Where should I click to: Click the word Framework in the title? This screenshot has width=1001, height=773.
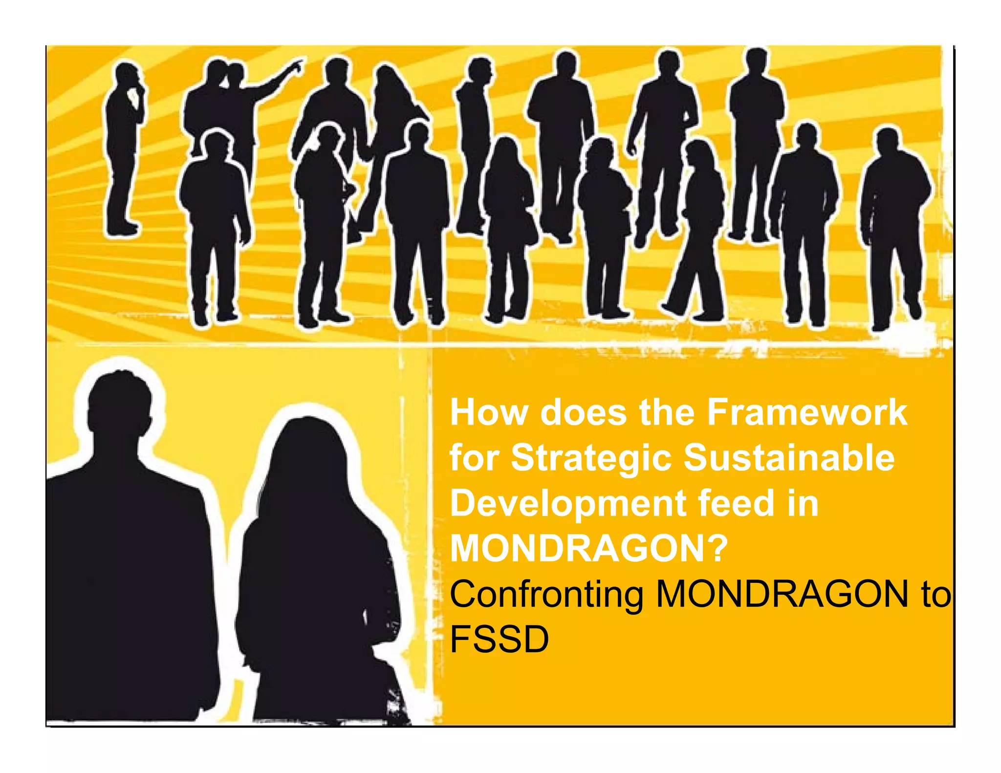[x=807, y=413]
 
